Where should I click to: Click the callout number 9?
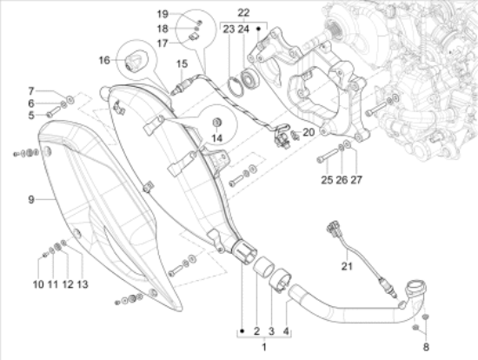[31, 200]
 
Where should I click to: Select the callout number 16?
[104, 60]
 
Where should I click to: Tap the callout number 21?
[347, 266]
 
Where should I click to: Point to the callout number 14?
[217, 138]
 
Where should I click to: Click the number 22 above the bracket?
[243, 13]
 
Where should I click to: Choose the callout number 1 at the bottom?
[264, 347]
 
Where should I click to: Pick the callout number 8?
[426, 347]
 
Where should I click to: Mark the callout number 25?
[327, 180]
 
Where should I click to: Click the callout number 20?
[309, 132]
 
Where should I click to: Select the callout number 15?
[182, 64]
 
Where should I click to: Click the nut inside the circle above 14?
[216, 123]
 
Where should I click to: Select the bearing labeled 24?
[250, 80]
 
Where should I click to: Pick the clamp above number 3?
[280, 280]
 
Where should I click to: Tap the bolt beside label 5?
[54, 111]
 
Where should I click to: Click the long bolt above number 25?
[328, 155]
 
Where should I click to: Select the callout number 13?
[83, 284]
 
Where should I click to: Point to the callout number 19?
[163, 14]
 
